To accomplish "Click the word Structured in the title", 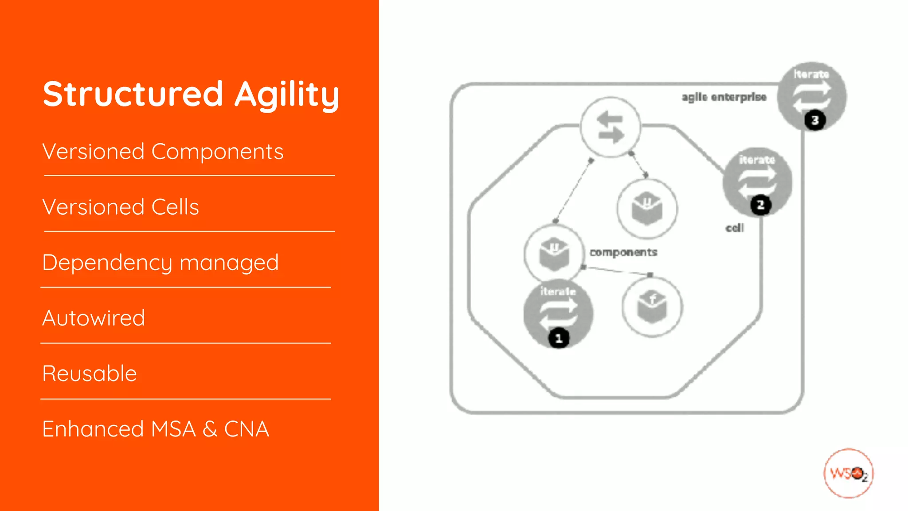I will [x=133, y=94].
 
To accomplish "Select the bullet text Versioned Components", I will [x=163, y=152].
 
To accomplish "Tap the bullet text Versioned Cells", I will [x=121, y=207].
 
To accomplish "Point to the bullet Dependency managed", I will [x=160, y=263].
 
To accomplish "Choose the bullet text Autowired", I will [x=94, y=318].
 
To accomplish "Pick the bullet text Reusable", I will [x=90, y=373].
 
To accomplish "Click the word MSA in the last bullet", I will [x=173, y=429].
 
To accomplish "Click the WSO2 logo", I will [x=848, y=473].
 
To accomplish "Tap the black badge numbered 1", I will [x=559, y=339].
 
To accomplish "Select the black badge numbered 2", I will [x=761, y=205].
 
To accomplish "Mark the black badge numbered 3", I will [x=815, y=120].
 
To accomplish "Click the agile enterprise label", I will [x=724, y=97].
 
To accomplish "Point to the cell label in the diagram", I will [x=735, y=228].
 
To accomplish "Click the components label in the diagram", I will [x=623, y=252].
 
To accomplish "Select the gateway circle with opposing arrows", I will [x=611, y=127].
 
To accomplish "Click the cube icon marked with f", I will [x=652, y=307].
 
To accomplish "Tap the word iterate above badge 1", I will [x=558, y=291].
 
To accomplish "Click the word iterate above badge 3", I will [x=811, y=74].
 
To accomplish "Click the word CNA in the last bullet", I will [x=247, y=429].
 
